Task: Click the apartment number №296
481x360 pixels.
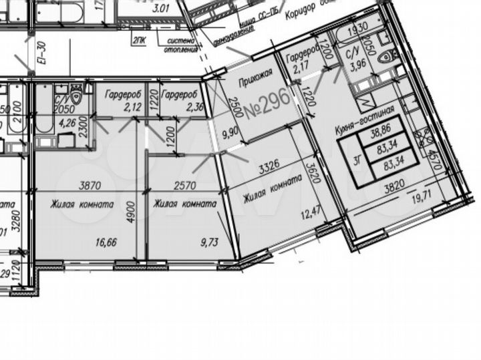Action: pos(266,106)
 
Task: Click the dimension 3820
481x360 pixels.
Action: pos(395,189)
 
